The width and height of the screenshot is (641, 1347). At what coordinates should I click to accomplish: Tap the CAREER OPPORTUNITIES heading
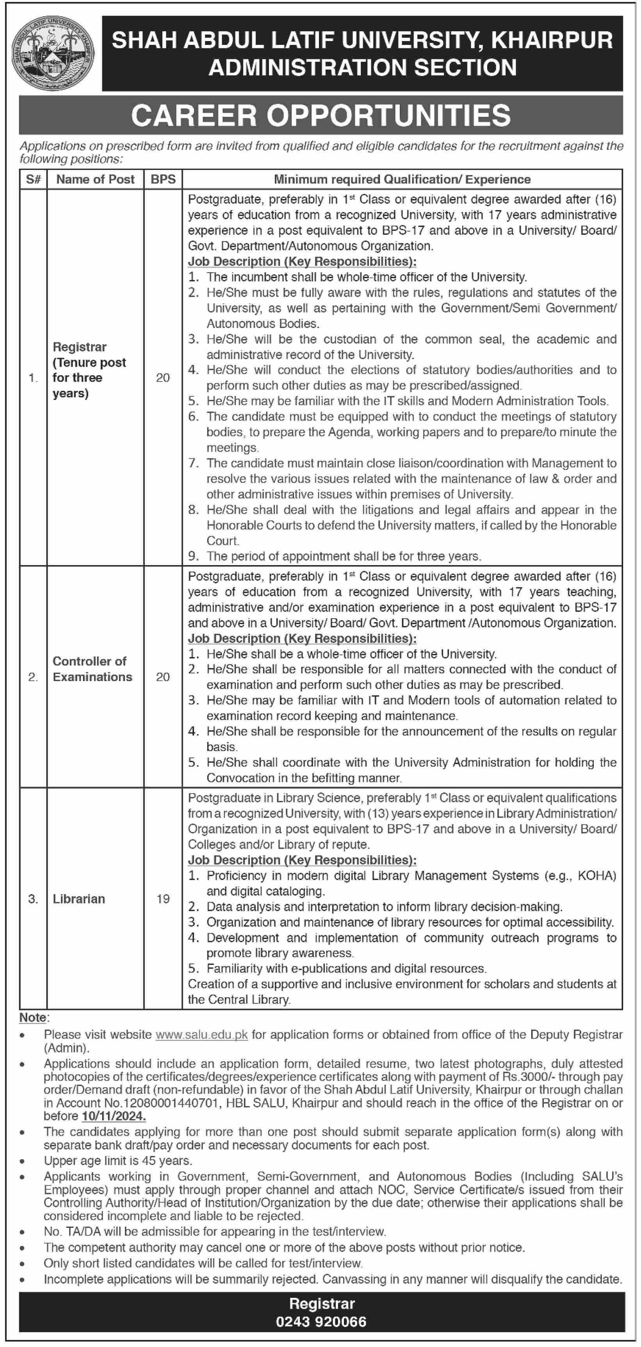point(320,116)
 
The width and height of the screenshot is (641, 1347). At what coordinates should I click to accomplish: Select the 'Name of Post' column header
point(95,179)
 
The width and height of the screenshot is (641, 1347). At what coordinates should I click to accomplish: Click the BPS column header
point(163,179)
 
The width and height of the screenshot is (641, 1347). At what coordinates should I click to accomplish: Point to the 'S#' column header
point(33,179)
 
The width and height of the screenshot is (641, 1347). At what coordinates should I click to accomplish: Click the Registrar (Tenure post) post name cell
point(89,370)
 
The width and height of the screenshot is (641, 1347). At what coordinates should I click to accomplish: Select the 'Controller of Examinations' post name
point(92,669)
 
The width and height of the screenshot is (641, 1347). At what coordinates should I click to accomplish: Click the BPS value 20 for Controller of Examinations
point(163,677)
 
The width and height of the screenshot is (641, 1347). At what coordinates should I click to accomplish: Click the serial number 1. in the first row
point(33,378)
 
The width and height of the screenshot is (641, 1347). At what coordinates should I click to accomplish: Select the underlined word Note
point(33,1017)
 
